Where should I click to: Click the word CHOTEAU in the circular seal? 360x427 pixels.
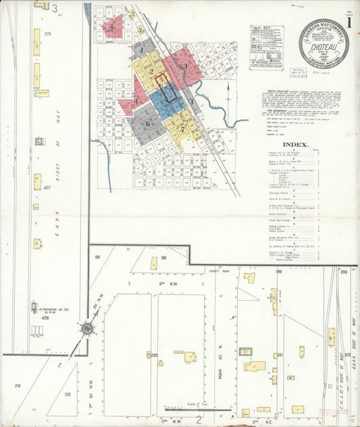point(321,49)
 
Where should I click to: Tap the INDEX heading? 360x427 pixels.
point(295,145)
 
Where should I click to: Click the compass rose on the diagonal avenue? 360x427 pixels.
point(87,329)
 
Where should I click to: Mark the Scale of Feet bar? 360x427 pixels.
point(192,409)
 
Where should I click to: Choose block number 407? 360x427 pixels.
point(47,187)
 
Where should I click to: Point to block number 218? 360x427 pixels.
point(18,386)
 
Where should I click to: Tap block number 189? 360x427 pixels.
point(163,257)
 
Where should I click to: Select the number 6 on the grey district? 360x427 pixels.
point(147,123)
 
